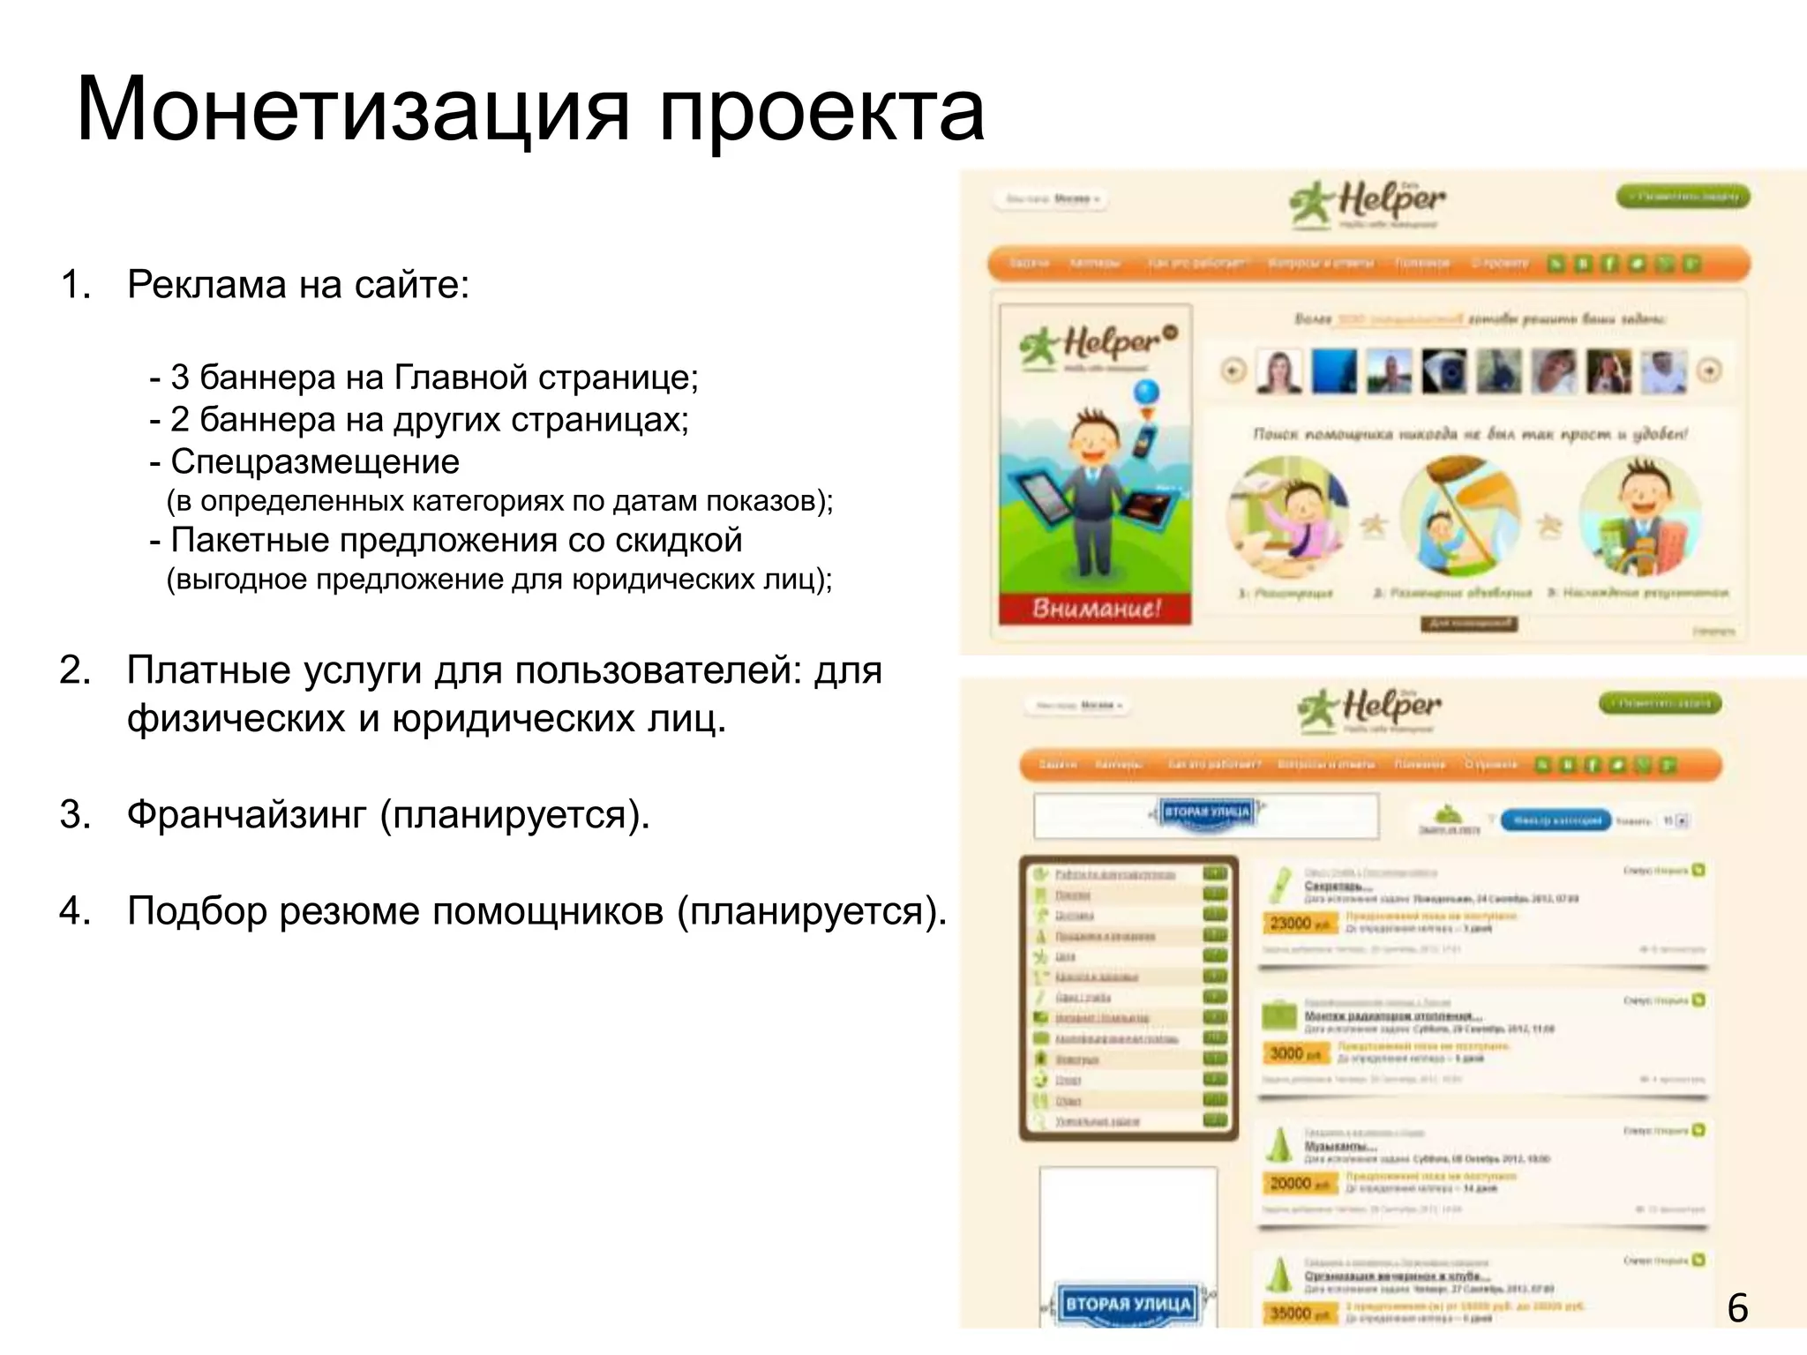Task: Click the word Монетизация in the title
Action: click(x=353, y=111)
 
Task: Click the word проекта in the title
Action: click(x=821, y=111)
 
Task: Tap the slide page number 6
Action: click(x=1737, y=1307)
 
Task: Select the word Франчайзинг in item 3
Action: click(x=246, y=814)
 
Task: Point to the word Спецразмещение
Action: click(x=315, y=461)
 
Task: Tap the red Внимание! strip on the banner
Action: click(x=1096, y=609)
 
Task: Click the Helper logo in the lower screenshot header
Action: click(x=1369, y=708)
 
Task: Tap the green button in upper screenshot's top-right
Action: click(x=1682, y=197)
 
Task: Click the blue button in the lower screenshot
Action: click(x=1556, y=820)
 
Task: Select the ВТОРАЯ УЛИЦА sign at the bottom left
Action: click(x=1128, y=1304)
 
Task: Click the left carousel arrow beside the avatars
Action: click(x=1233, y=371)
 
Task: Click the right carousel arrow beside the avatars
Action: click(x=1709, y=371)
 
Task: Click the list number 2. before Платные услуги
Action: click(x=76, y=670)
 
